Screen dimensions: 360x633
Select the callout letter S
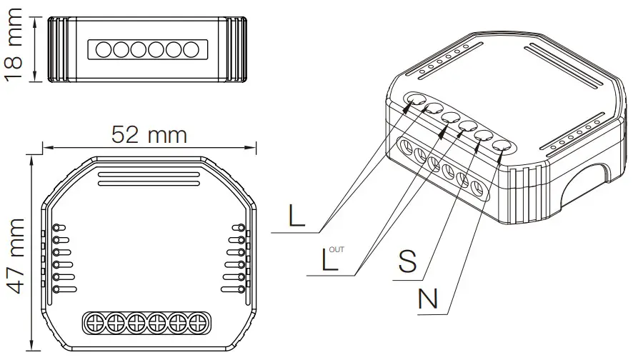(x=408, y=262)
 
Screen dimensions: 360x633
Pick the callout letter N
(x=428, y=299)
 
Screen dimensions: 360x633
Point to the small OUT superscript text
(x=338, y=249)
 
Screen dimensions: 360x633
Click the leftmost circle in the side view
(x=103, y=49)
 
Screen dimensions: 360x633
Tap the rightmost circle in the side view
(x=190, y=49)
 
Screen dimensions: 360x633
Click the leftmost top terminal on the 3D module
(x=415, y=100)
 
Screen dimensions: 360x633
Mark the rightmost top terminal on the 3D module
(x=502, y=146)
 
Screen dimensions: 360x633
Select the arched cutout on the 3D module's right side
(x=587, y=179)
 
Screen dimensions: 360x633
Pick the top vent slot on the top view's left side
(x=60, y=228)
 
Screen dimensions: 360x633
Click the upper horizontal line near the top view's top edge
(x=148, y=174)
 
